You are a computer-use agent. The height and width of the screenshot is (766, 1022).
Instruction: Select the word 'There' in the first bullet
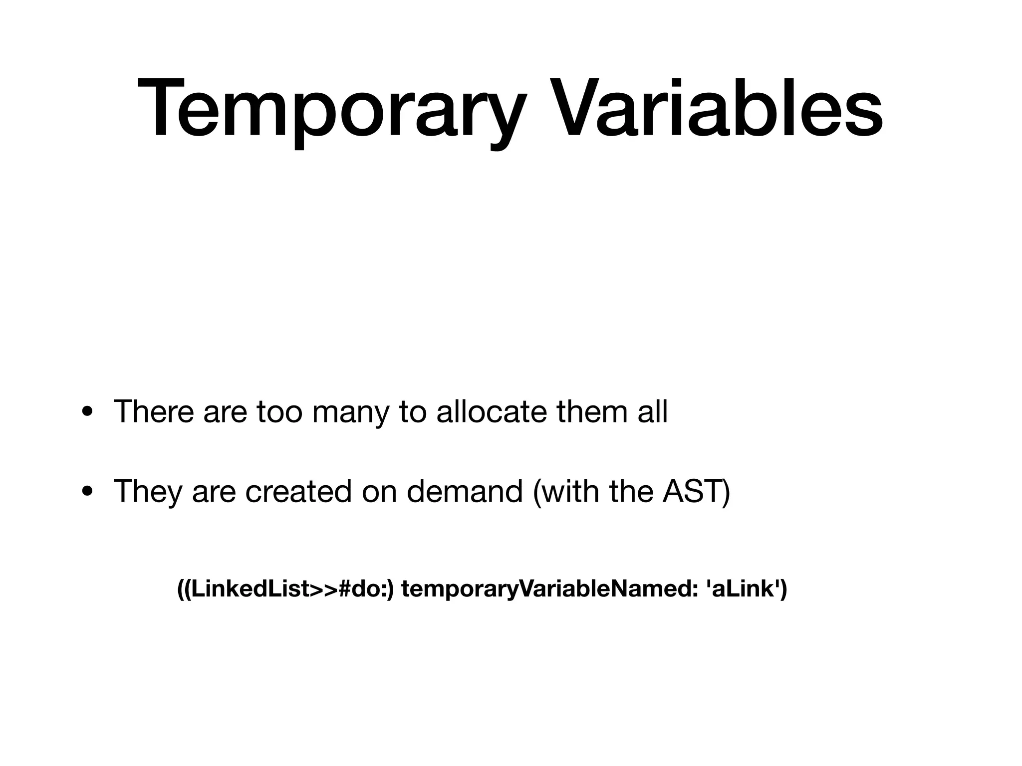pos(154,412)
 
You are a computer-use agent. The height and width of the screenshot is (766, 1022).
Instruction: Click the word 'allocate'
pos(492,412)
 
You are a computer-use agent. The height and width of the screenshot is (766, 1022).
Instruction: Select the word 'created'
pos(298,491)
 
